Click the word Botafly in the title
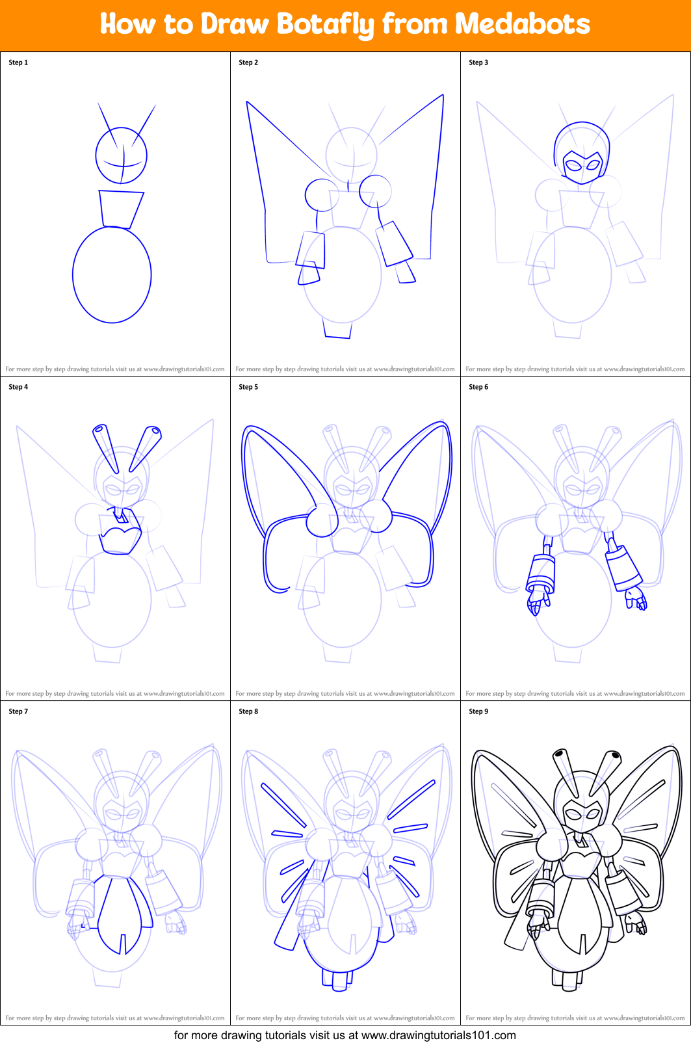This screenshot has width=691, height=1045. tap(325, 25)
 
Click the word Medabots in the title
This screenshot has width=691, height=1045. tap(522, 25)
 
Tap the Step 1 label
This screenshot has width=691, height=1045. tap(18, 62)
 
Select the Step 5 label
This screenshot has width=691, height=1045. tap(248, 387)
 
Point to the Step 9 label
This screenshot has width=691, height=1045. tap(478, 711)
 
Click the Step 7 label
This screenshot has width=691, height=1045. tap(18, 711)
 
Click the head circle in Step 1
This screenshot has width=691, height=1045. tap(121, 156)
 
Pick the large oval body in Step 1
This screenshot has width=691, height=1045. tap(112, 274)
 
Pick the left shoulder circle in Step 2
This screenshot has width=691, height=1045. tap(321, 194)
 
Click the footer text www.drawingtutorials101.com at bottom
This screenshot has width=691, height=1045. tap(438, 1035)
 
